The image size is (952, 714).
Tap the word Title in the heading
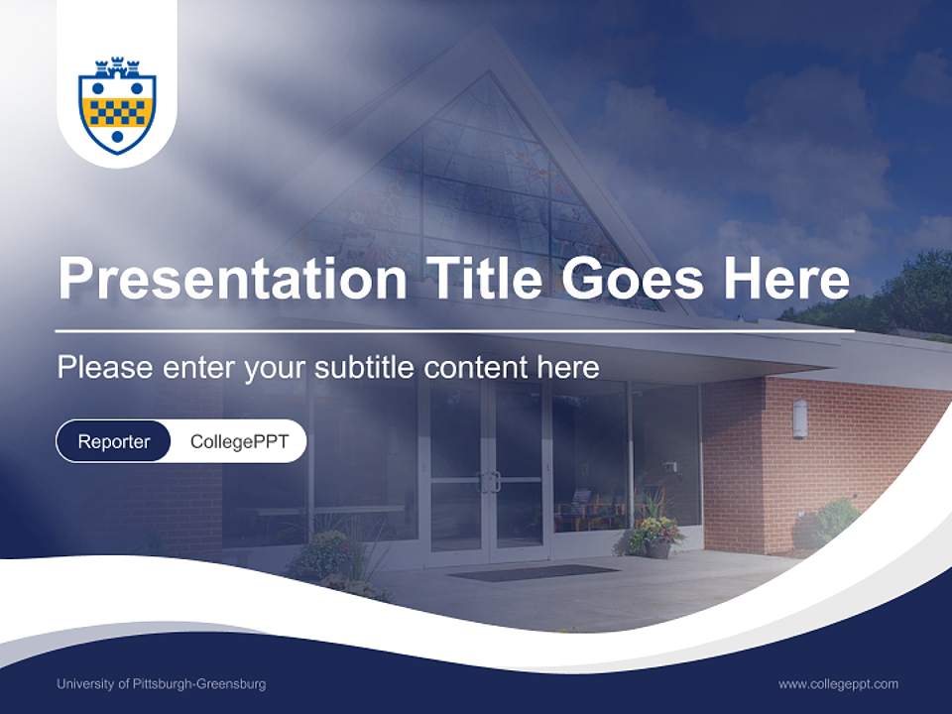pyautogui.click(x=483, y=279)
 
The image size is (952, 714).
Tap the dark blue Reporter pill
pyautogui.click(x=114, y=441)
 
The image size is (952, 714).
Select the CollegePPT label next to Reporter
pyautogui.click(x=239, y=441)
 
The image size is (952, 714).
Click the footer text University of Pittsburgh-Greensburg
pyautogui.click(x=161, y=684)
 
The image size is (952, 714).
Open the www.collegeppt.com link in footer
pyautogui.click(x=838, y=684)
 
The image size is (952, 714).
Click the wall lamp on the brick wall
pyautogui.click(x=799, y=418)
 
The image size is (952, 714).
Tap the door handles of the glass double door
pyautogui.click(x=487, y=483)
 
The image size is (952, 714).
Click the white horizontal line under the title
pyautogui.click(x=454, y=330)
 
